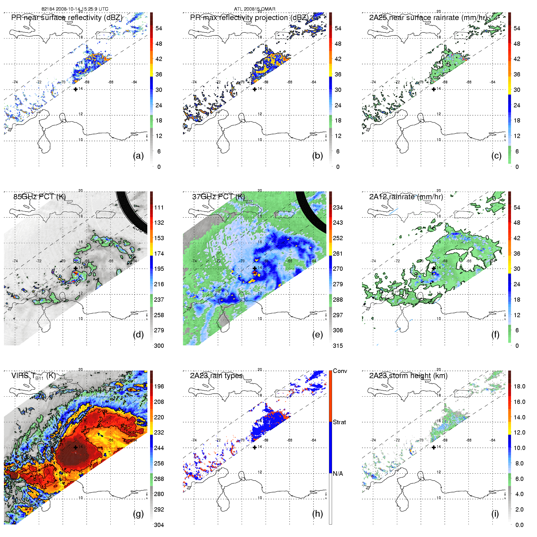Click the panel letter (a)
pyautogui.click(x=138, y=156)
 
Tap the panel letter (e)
pyautogui.click(x=317, y=335)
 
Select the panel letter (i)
pyautogui.click(x=495, y=514)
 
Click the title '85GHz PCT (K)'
pyautogui.click(x=39, y=196)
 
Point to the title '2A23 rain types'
pyautogui.click(x=216, y=376)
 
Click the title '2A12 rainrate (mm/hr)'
pyautogui.click(x=406, y=196)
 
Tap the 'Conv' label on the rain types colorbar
pyautogui.click(x=340, y=371)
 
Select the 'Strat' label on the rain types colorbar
pyautogui.click(x=339, y=422)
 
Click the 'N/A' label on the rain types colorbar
pyautogui.click(x=338, y=474)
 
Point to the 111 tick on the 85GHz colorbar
pyautogui.click(x=159, y=207)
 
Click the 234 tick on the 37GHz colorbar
pyautogui.click(x=338, y=207)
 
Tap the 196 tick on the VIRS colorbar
pyautogui.click(x=159, y=386)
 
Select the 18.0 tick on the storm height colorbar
pyautogui.click(x=519, y=386)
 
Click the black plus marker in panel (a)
pyautogui.click(x=76, y=89)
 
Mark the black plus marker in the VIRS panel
pyautogui.click(x=76, y=447)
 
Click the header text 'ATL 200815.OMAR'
pyautogui.click(x=255, y=9)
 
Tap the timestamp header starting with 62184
pyautogui.click(x=75, y=9)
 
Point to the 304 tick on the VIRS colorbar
pyautogui.click(x=159, y=525)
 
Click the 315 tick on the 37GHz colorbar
pyautogui.click(x=338, y=346)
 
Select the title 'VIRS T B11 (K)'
pyautogui.click(x=33, y=376)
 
